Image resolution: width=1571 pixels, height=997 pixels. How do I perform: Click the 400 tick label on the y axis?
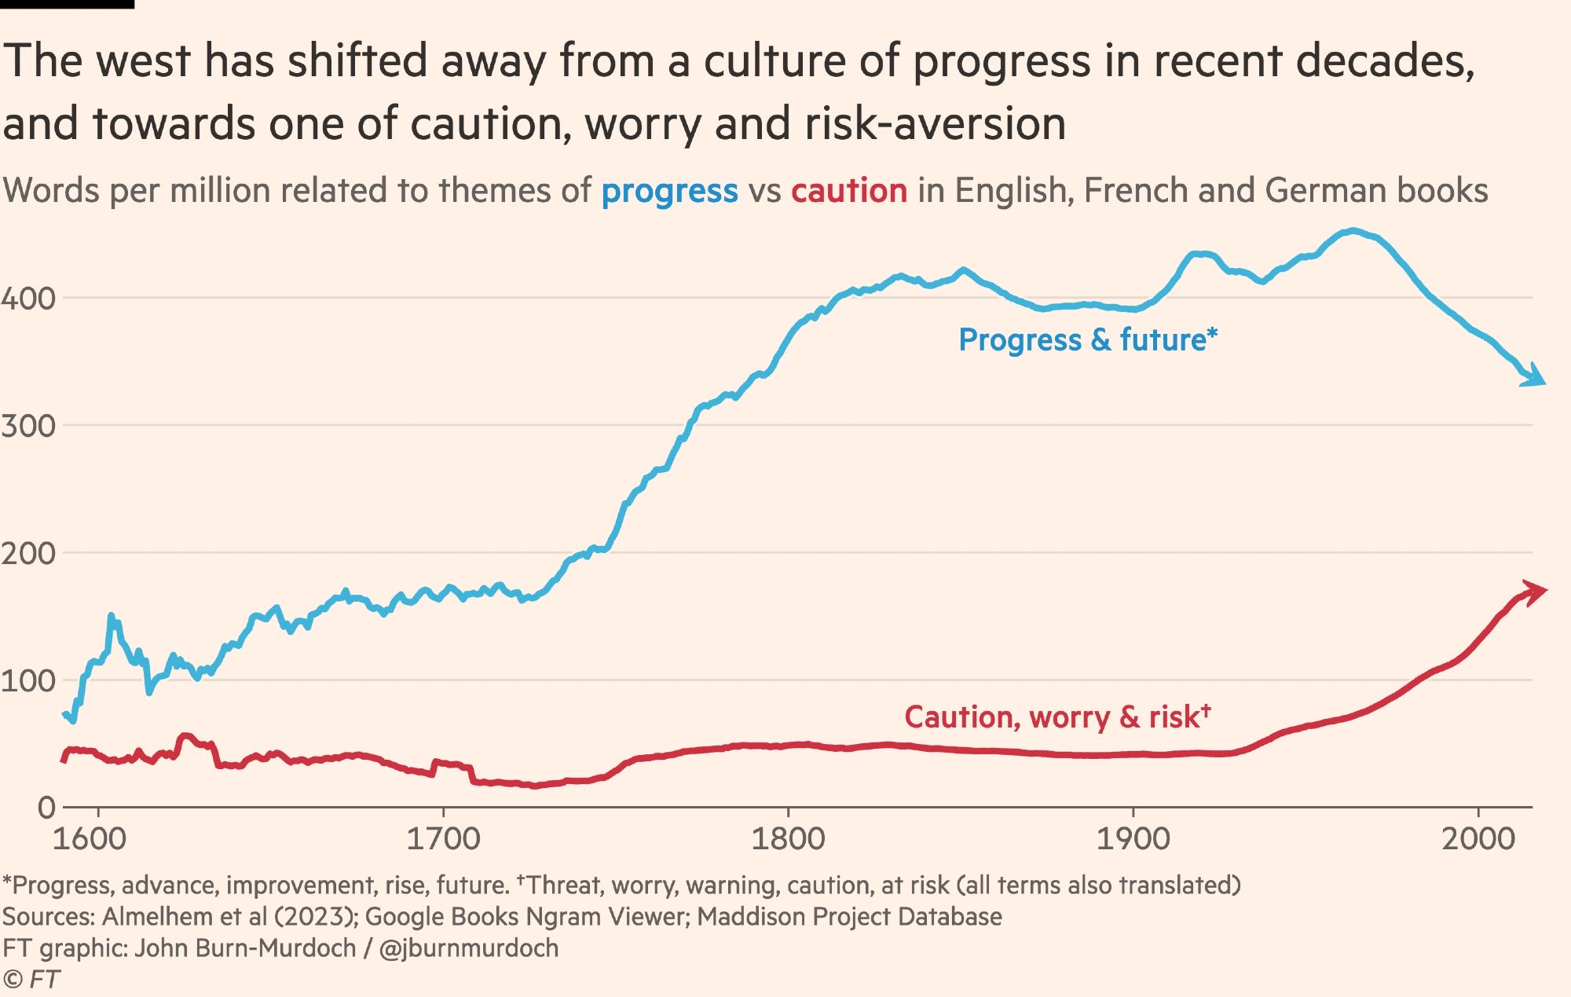28,299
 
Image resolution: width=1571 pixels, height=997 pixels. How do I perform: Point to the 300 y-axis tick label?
28,427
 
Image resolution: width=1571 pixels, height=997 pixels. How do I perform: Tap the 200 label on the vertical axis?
28,554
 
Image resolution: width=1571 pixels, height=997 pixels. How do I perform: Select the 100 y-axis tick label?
28,681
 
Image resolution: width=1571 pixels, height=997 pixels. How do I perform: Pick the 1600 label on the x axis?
90,839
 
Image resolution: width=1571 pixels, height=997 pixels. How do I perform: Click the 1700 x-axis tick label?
443,839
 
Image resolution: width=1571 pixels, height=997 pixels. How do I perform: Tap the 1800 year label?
788,839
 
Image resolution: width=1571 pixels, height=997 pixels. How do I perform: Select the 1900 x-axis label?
1133,839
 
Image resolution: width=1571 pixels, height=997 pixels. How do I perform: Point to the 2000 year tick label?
1478,839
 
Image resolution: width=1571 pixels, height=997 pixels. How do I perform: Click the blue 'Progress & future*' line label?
1087,340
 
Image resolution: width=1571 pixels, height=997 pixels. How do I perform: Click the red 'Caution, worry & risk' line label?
1057,717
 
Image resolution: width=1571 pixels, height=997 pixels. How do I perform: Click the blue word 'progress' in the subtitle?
669,192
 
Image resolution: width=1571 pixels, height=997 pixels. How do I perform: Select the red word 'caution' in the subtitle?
849,191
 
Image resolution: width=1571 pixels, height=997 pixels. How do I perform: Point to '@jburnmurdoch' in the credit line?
469,948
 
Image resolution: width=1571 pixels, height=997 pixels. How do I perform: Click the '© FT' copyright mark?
31,980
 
